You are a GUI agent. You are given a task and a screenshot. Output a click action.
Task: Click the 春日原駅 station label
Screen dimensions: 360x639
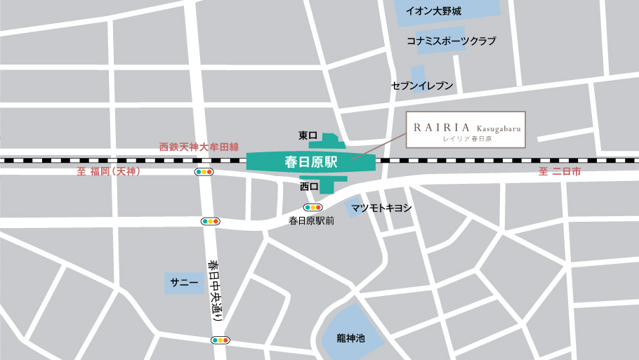[311, 161]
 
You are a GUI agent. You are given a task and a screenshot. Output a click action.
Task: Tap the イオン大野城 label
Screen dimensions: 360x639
[434, 11]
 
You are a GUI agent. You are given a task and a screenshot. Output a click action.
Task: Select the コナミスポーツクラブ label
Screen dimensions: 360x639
[451, 41]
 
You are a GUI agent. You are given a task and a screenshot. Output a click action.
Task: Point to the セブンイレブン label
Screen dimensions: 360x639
[422, 86]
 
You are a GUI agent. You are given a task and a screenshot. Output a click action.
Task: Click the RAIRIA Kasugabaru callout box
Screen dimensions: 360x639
[466, 130]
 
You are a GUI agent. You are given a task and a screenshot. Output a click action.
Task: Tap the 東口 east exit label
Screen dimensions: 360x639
[308, 135]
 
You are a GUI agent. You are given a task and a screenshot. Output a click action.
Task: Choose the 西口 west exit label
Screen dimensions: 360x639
[309, 187]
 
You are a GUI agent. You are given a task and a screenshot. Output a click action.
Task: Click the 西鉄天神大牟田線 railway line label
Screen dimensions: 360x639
[199, 147]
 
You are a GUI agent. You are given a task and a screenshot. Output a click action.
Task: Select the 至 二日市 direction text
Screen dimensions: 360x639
[560, 172]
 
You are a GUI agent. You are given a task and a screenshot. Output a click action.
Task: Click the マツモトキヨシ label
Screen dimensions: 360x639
[381, 208]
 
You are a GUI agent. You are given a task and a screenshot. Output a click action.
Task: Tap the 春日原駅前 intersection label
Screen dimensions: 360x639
[311, 220]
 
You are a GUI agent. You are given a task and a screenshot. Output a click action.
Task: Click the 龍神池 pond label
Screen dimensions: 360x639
[350, 338]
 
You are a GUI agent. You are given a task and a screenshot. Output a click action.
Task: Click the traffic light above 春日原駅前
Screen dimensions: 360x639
[312, 208]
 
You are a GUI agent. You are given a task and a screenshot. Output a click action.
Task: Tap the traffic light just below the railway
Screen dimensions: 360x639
[204, 172]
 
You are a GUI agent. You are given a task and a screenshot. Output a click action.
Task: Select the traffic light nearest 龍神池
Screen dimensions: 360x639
[220, 340]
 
